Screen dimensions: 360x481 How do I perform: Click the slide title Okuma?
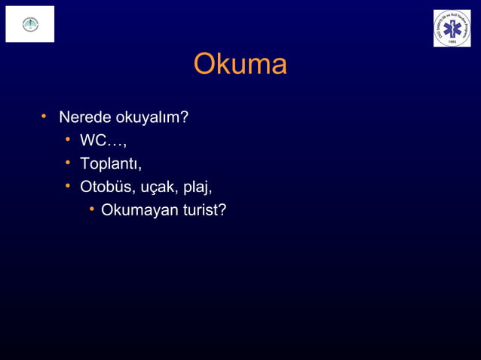[240, 65]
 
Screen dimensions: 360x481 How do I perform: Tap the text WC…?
[103, 141]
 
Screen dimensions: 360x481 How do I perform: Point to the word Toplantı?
[110, 163]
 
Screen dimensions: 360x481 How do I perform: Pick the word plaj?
[197, 187]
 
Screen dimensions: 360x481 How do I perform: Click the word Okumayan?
[139, 209]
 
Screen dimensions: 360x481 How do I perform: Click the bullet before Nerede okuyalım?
[44, 117]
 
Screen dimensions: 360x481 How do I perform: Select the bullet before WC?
[66, 139]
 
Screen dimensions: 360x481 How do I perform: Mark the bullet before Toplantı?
[66, 162]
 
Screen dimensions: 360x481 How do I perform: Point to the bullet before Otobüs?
[66, 185]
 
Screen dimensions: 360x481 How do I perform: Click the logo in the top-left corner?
[30, 24]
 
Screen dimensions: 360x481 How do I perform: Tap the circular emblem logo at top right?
[452, 29]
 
